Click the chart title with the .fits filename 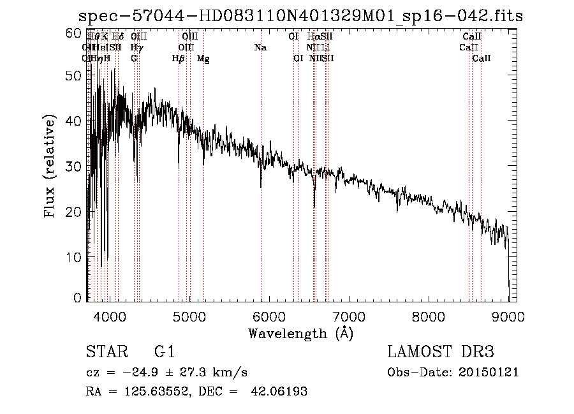pyautogui.click(x=300, y=16)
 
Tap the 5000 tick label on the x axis pyautogui.click(x=189, y=316)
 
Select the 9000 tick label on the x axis pyautogui.click(x=508, y=316)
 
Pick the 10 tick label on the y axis pyautogui.click(x=75, y=256)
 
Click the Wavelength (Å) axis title pyautogui.click(x=300, y=333)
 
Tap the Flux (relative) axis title pyautogui.click(x=51, y=166)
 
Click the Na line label pyautogui.click(x=260, y=48)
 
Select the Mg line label pyautogui.click(x=203, y=59)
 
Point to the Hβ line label pyautogui.click(x=179, y=59)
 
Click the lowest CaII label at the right pyautogui.click(x=482, y=59)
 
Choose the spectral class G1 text pyautogui.click(x=165, y=352)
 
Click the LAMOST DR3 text pyautogui.click(x=441, y=352)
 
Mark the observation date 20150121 pyautogui.click(x=489, y=372)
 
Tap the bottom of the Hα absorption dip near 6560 pyautogui.click(x=314, y=206)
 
